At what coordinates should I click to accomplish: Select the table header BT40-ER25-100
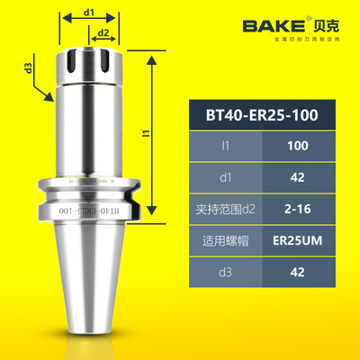270,114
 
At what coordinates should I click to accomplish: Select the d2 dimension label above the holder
104,33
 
